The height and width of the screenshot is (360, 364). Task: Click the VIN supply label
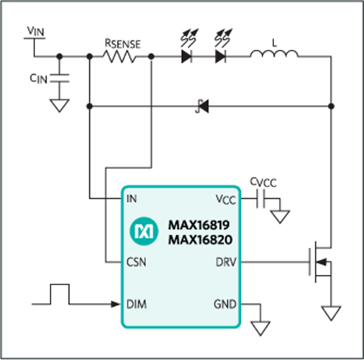[36, 31]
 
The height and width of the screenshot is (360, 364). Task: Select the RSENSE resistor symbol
[119, 57]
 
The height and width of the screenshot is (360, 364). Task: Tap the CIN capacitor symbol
[60, 78]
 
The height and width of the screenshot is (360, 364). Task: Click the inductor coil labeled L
[274, 54]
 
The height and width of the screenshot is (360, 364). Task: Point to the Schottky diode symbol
[202, 106]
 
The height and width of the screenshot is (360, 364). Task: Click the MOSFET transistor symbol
[320, 262]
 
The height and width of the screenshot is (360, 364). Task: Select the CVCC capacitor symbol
[260, 199]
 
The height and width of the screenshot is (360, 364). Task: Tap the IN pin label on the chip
[132, 199]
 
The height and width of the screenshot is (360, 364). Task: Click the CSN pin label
[136, 262]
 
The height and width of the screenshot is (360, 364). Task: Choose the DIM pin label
[137, 304]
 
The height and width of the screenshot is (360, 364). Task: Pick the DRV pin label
[226, 262]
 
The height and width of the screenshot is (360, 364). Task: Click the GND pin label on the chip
[225, 304]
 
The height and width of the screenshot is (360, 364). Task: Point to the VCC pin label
[226, 199]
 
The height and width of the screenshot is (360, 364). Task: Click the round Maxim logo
[144, 231]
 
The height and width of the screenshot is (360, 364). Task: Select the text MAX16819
[199, 225]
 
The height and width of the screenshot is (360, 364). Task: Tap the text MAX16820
[200, 240]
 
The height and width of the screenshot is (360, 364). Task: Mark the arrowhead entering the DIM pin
[116, 304]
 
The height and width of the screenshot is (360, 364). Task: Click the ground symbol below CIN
[60, 106]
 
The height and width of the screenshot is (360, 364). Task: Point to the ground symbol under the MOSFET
[331, 313]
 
